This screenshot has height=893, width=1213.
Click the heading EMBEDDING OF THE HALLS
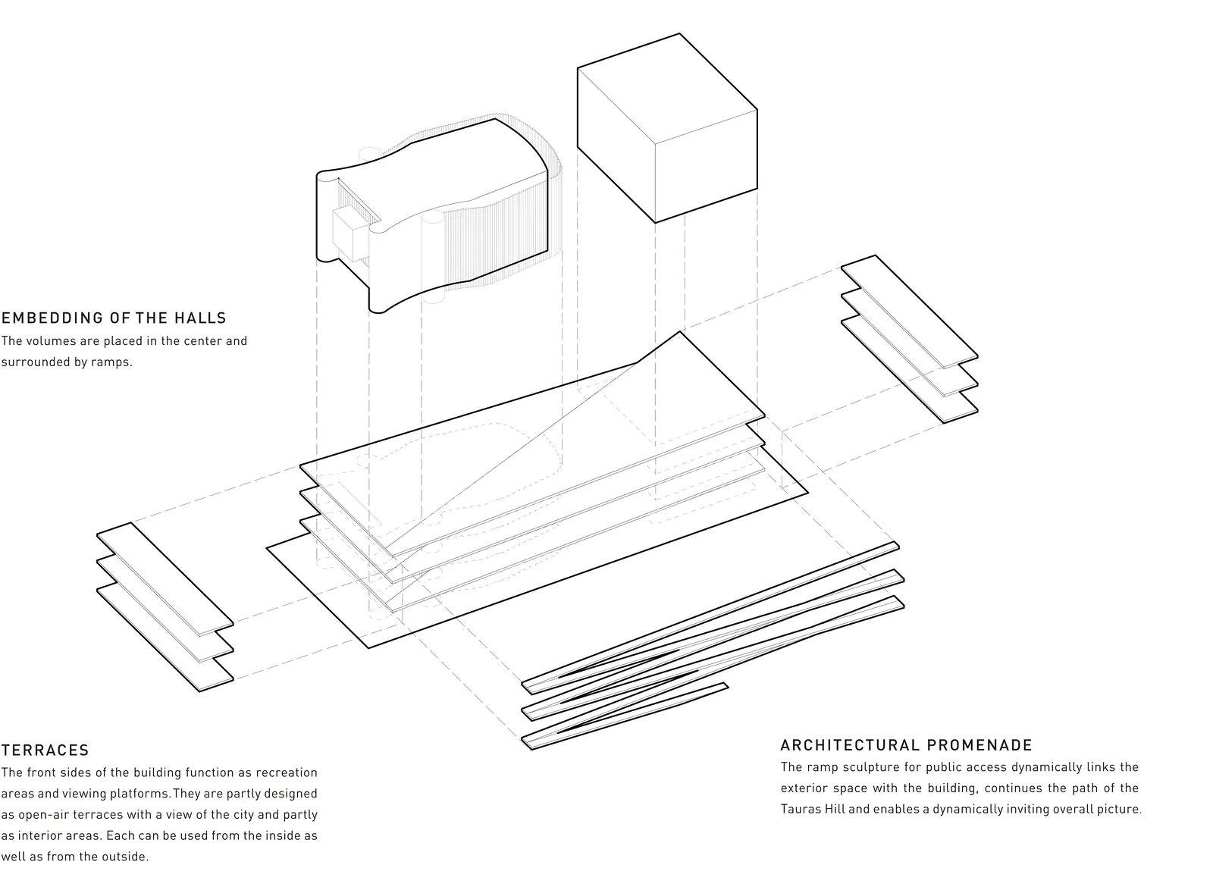click(114, 318)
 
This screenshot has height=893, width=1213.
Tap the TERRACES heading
click(45, 750)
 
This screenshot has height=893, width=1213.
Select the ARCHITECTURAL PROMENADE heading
click(907, 745)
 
